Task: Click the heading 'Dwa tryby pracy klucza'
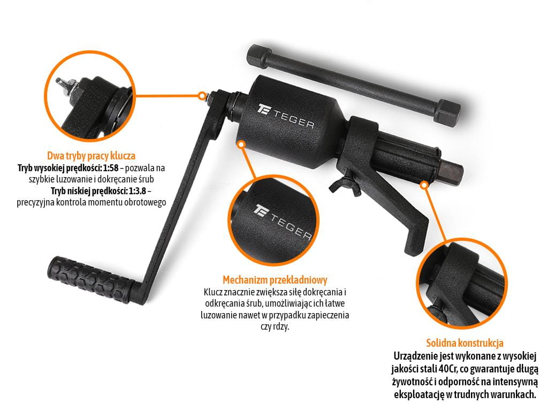[x=91, y=156]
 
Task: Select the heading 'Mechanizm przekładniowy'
[x=275, y=279]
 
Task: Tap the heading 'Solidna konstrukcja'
[x=465, y=343]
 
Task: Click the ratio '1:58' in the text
[x=111, y=168]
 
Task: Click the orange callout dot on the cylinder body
[x=241, y=144]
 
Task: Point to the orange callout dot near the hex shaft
[x=424, y=185]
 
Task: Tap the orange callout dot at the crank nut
[x=202, y=96]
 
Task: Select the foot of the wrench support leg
[x=416, y=241]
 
